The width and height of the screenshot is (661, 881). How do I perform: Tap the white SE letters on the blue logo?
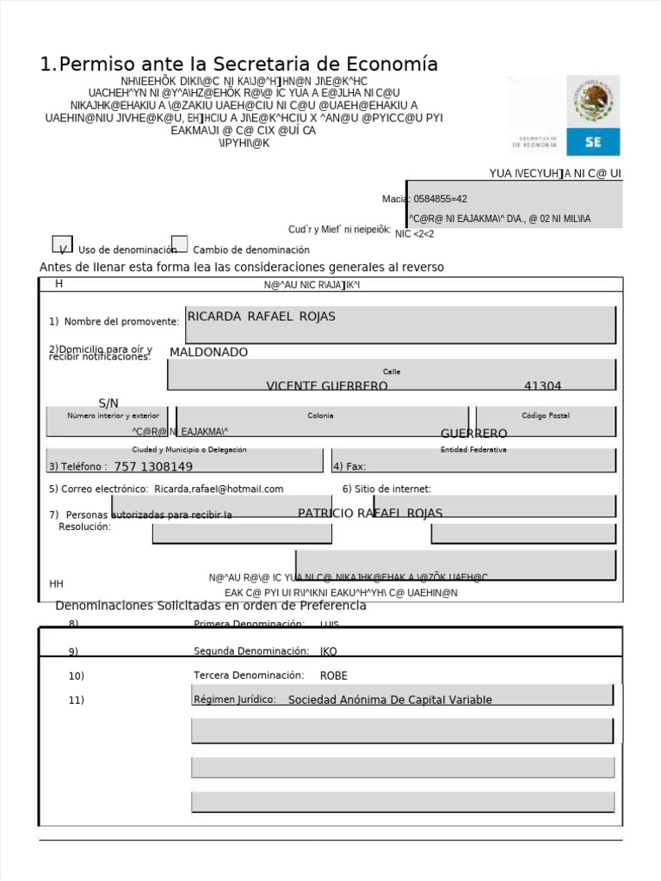593,143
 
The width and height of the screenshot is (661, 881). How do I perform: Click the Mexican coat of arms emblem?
592,101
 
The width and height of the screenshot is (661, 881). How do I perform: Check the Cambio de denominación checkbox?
179,244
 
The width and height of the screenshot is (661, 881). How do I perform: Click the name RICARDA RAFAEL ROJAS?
261,317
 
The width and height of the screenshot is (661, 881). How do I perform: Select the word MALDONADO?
208,352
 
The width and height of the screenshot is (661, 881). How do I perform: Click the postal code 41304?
542,386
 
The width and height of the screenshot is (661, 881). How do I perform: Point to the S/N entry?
108,403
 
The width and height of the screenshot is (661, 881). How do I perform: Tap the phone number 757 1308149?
153,466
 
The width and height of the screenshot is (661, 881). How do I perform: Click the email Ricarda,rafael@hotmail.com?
219,489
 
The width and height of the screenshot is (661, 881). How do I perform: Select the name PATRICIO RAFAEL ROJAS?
370,513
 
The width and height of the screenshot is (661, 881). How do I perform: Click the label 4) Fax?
349,466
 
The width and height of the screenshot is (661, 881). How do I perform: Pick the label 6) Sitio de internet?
386,489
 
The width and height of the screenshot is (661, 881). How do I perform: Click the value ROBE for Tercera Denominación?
334,675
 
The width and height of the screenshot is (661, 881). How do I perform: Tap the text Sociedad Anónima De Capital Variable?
390,699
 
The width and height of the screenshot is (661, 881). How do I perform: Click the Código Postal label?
546,416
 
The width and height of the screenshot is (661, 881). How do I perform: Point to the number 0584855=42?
440,199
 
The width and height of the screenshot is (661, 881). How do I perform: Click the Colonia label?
320,416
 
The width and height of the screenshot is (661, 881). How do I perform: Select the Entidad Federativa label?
473,449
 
